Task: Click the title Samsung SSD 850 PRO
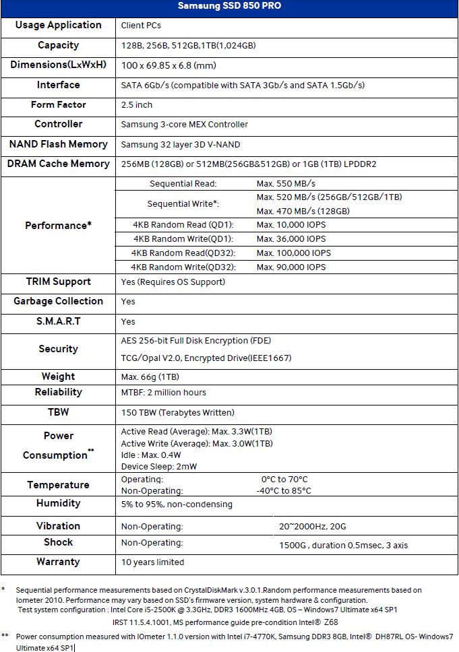click(229, 6)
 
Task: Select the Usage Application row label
click(58, 25)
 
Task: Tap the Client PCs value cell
click(141, 26)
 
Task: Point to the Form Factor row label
click(58, 104)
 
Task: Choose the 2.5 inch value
click(137, 105)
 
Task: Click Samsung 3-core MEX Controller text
click(185, 125)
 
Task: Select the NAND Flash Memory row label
click(58, 144)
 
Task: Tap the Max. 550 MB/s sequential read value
click(286, 183)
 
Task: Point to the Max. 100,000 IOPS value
click(294, 253)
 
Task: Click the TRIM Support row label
click(58, 282)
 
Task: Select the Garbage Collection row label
click(58, 301)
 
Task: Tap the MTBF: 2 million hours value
click(164, 393)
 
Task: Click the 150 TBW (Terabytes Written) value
click(178, 412)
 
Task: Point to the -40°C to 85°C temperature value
click(284, 491)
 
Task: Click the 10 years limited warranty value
click(152, 562)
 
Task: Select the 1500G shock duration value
click(343, 546)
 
